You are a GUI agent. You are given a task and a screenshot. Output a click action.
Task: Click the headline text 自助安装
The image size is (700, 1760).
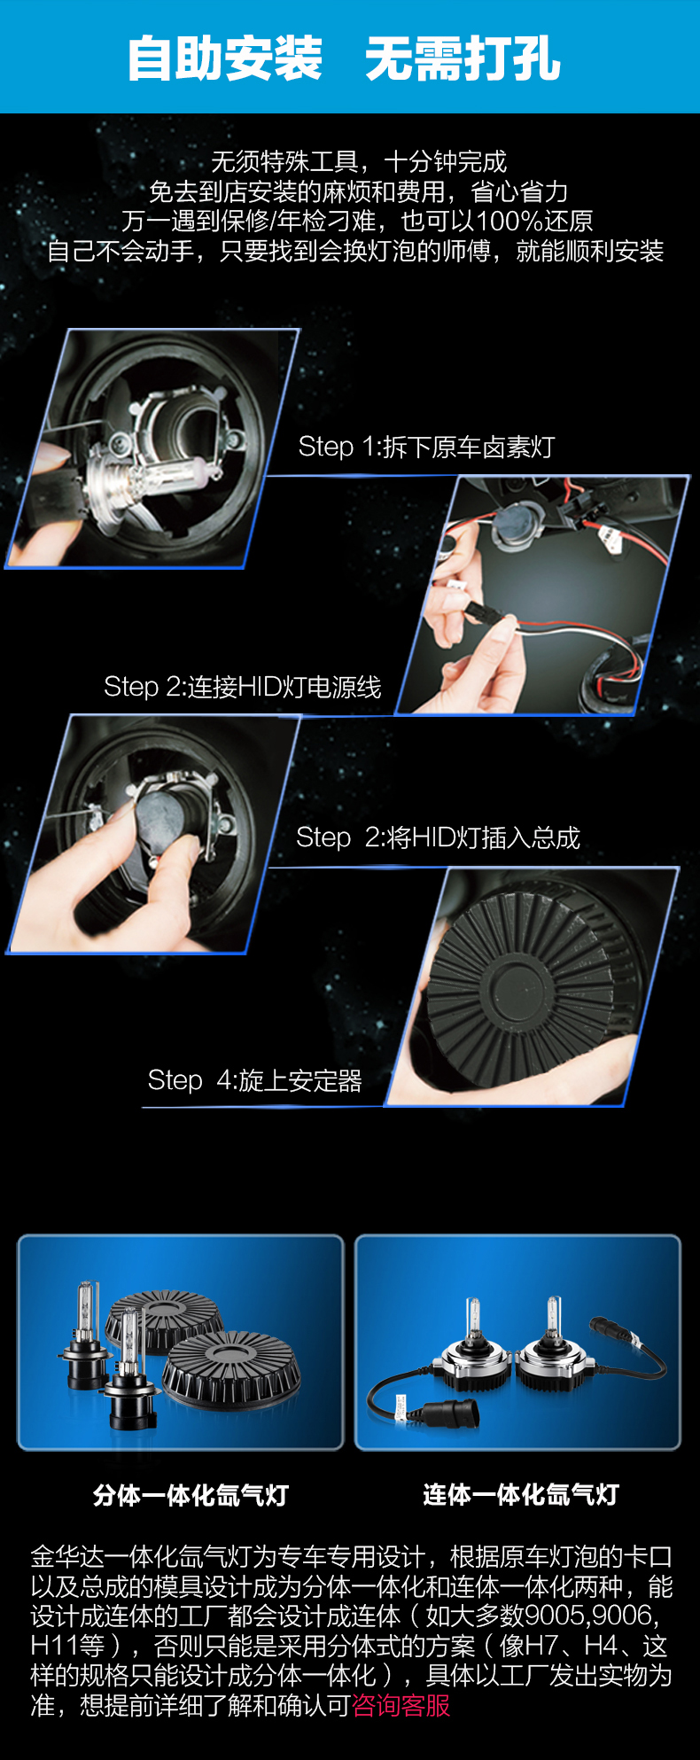pyautogui.click(x=225, y=59)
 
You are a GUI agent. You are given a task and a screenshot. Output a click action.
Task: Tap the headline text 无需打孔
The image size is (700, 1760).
pyautogui.click(x=463, y=59)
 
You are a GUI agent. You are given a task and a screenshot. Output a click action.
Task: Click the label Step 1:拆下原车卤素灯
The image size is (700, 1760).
pyautogui.click(x=425, y=447)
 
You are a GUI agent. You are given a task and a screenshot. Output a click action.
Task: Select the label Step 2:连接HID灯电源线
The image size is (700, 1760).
pyautogui.click(x=242, y=687)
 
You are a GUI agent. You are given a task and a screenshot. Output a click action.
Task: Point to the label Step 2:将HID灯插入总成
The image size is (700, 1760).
pyautogui.click(x=438, y=837)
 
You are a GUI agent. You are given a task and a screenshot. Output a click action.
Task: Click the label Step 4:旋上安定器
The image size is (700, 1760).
pyautogui.click(x=254, y=1080)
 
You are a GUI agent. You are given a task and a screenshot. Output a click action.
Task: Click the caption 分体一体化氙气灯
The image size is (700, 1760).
pyautogui.click(x=191, y=1496)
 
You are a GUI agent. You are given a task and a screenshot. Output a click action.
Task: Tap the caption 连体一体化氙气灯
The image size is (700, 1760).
pyautogui.click(x=521, y=1495)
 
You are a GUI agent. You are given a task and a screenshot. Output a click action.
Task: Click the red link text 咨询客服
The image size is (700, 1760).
pyautogui.click(x=401, y=1705)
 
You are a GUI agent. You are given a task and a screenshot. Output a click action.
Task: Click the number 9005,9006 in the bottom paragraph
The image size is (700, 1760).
pyautogui.click(x=590, y=1616)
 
